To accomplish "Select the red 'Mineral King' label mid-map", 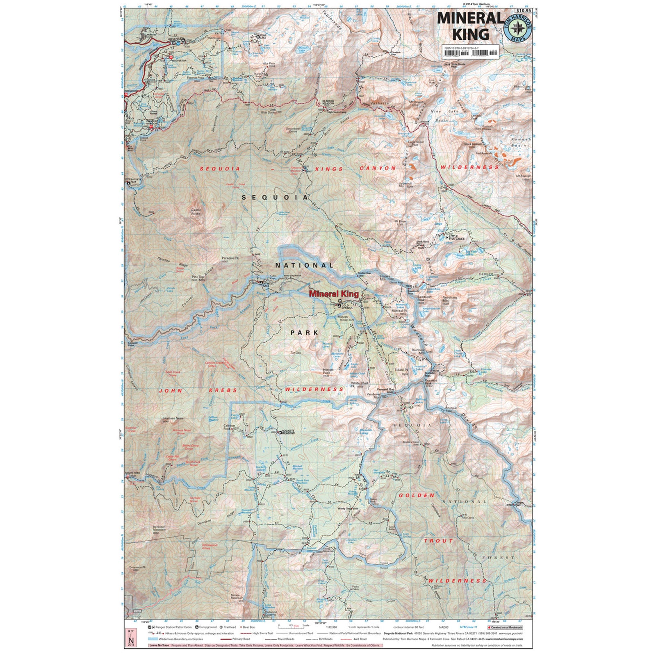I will pyautogui.click(x=334, y=294).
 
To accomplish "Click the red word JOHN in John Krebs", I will pyautogui.click(x=171, y=391).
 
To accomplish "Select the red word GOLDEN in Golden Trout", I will pyautogui.click(x=417, y=495).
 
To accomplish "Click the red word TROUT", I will pyautogui.click(x=439, y=541).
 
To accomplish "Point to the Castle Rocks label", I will pyautogui.click(x=196, y=212).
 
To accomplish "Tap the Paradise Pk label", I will pyautogui.click(x=230, y=258).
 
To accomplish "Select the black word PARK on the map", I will pyautogui.click(x=304, y=333).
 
